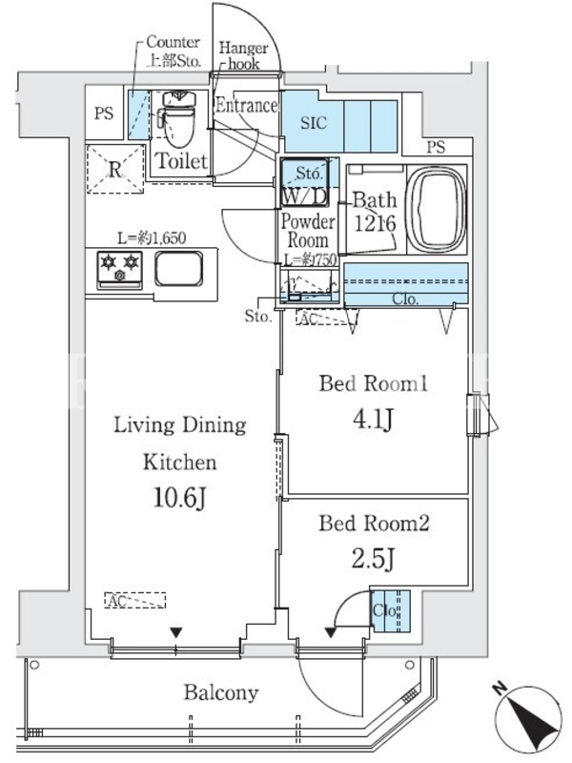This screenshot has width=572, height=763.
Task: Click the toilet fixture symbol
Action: pos(178,118)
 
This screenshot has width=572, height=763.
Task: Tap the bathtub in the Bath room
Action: pos(437,210)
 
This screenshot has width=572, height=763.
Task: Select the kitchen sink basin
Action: pos(178,268)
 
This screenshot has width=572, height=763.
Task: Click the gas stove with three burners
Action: pos(120,269)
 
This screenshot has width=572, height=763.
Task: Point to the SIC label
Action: pos(314,123)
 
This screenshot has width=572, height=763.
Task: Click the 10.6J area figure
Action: pos(179,497)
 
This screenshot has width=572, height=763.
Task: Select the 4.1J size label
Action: pos(373,419)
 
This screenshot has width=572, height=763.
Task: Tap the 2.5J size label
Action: pos(373,559)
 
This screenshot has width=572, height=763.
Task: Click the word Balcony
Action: pos(221,692)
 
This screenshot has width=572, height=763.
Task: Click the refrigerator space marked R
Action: pos(115,170)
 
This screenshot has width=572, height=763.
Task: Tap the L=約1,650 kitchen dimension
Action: pos(152,238)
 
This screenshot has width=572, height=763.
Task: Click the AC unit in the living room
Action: pos(135,601)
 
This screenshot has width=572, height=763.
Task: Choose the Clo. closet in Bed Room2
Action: pos(390,610)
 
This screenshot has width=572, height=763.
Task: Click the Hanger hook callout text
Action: pos(243,55)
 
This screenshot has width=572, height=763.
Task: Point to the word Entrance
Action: pos(247,105)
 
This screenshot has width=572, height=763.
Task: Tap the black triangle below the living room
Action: pos(175,633)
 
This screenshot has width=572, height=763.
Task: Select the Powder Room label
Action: pos(308,231)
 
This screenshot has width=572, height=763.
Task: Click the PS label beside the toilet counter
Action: pos(104,113)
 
